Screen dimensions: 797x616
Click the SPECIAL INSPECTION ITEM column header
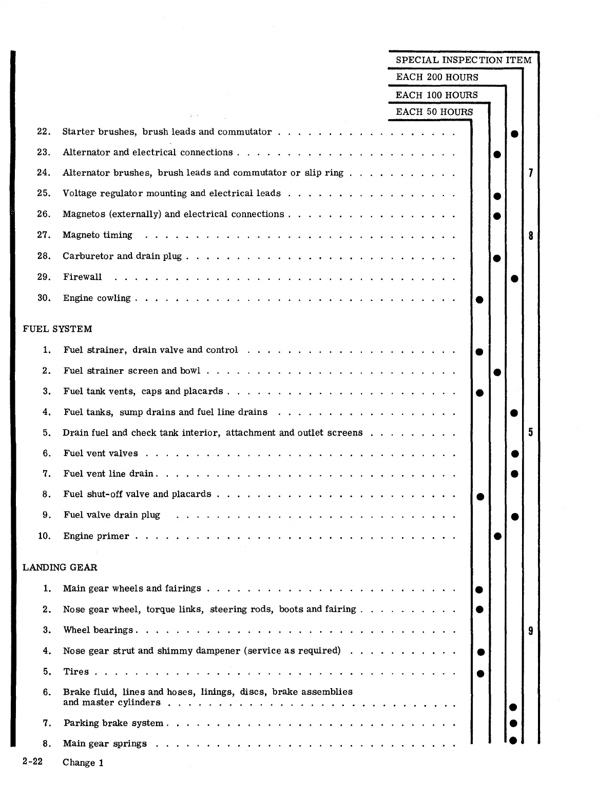464,60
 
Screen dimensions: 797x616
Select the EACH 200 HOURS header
437,78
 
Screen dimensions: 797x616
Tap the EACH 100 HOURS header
436,95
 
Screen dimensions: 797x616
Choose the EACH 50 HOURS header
434,112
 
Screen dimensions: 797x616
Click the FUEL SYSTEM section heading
57,329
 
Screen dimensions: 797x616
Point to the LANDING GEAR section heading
60,567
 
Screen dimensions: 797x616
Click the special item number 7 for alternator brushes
530,173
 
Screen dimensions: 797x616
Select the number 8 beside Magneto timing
530,236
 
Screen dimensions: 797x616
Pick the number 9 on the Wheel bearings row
530,631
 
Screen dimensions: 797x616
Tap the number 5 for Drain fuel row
530,432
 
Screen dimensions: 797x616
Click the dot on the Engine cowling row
479,299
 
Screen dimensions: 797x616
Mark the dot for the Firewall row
514,279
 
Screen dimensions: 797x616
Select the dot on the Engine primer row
497,537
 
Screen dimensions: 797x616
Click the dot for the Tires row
480,673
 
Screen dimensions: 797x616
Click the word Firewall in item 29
82,277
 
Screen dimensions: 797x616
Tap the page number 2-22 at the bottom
32,762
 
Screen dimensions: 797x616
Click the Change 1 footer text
83,763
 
